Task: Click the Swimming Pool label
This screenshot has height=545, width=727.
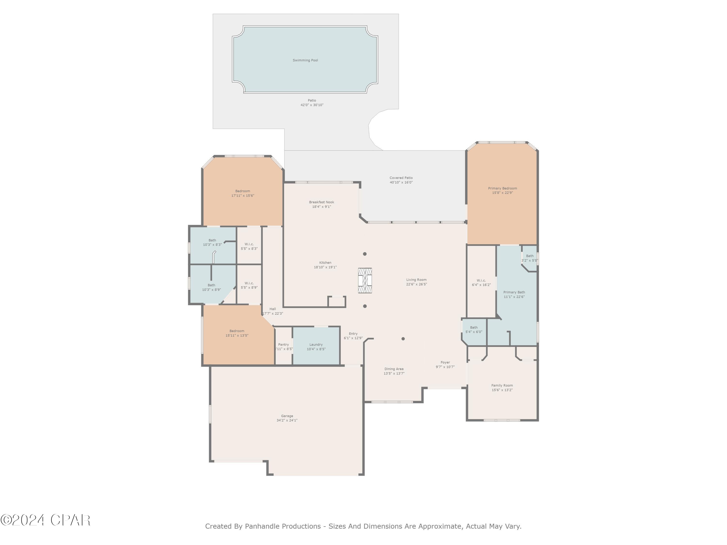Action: tap(305, 60)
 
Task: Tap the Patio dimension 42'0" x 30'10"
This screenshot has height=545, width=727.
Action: tap(312, 105)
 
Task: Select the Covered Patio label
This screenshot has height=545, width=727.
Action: tap(401, 178)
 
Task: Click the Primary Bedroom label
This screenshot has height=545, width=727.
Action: tap(502, 188)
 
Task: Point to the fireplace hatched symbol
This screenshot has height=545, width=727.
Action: tap(365, 280)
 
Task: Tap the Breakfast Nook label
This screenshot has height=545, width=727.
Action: tap(321, 202)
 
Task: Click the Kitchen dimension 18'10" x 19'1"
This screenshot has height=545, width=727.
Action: tap(325, 267)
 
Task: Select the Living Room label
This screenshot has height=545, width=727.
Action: tap(416, 280)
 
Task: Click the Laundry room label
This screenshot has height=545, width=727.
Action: tap(316, 345)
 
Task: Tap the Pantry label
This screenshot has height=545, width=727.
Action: tap(283, 345)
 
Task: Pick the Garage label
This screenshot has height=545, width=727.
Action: tap(287, 416)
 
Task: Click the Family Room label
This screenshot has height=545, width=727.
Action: tap(502, 385)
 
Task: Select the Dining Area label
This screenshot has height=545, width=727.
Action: tap(394, 369)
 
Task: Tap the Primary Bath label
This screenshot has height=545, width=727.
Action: tap(514, 292)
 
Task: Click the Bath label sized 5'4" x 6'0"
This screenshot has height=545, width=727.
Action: tap(474, 327)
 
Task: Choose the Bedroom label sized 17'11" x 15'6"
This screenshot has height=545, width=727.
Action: tap(243, 191)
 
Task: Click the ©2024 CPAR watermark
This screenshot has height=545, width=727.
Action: tap(45, 520)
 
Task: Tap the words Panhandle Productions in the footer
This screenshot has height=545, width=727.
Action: tap(283, 526)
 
